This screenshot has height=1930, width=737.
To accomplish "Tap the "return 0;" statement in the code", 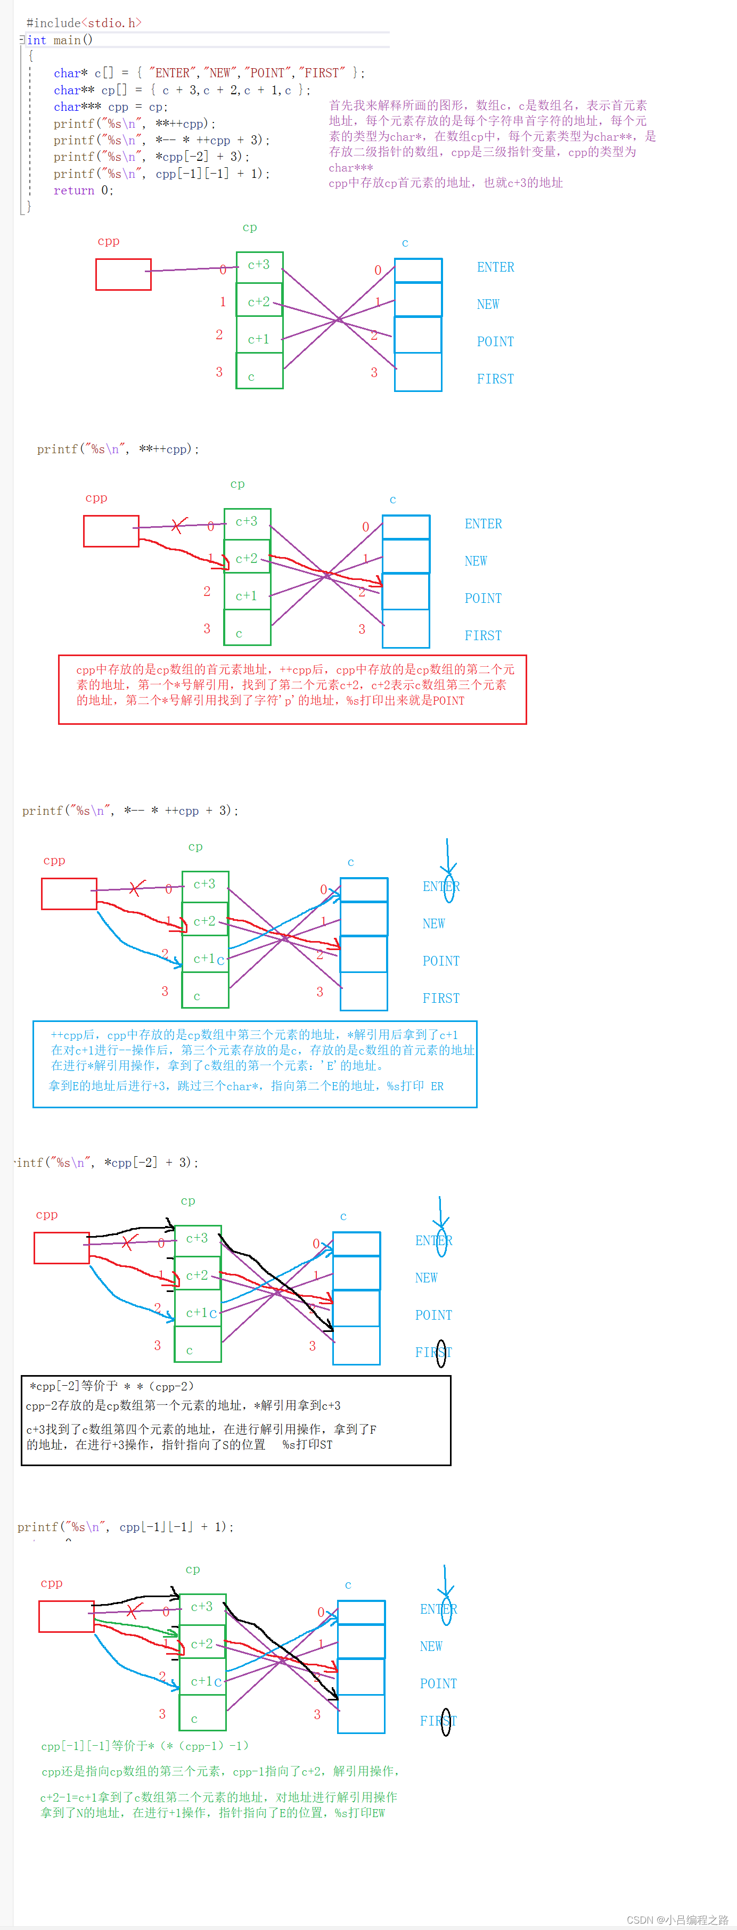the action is click(83, 190).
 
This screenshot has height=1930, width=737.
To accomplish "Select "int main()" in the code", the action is click(60, 40).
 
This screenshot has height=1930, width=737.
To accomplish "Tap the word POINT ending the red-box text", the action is click(448, 700).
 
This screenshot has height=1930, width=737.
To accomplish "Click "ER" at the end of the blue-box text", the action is click(437, 1085).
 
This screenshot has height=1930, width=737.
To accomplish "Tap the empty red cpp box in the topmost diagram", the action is click(124, 274).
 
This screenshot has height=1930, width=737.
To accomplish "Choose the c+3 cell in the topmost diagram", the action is click(259, 265).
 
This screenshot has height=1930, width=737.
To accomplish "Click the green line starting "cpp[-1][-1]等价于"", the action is click(144, 1746).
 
